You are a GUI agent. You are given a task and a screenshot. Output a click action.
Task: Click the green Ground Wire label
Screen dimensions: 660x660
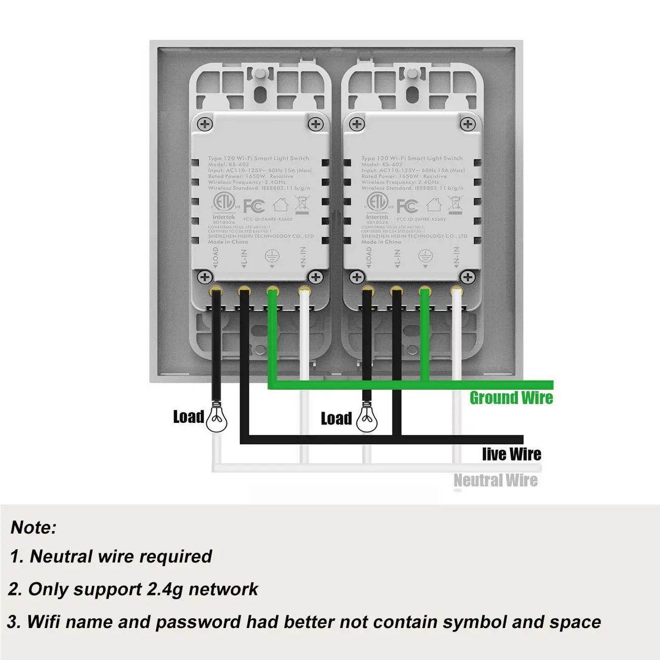tap(511, 398)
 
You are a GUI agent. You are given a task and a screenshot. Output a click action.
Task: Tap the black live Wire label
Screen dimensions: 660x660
tap(511, 454)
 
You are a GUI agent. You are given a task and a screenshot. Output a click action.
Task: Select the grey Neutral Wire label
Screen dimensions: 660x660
tap(495, 480)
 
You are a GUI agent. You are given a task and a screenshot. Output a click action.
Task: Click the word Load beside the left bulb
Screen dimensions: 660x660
tap(188, 417)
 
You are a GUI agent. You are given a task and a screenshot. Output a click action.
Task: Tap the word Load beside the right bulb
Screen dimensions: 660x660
tap(336, 418)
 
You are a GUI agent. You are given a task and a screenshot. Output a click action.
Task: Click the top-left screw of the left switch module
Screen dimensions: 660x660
tap(205, 124)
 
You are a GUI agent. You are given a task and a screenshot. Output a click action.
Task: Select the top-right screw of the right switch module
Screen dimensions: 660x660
tap(467, 124)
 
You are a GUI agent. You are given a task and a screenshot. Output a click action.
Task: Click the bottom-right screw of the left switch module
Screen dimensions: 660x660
tap(316, 277)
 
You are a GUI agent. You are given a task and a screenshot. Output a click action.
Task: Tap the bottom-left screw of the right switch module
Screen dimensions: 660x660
tap(357, 277)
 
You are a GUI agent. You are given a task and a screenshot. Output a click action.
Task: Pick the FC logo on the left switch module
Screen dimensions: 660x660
tap(254, 206)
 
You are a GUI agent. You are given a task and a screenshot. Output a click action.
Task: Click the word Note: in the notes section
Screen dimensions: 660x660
tap(34, 527)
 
